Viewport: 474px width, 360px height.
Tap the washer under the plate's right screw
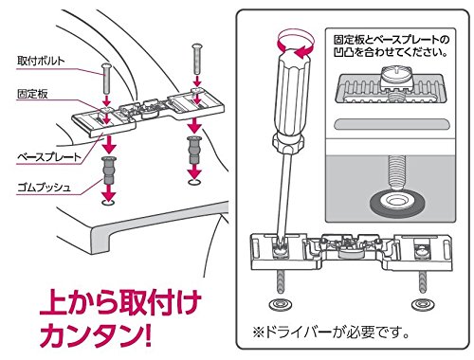(x=419, y=305)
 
